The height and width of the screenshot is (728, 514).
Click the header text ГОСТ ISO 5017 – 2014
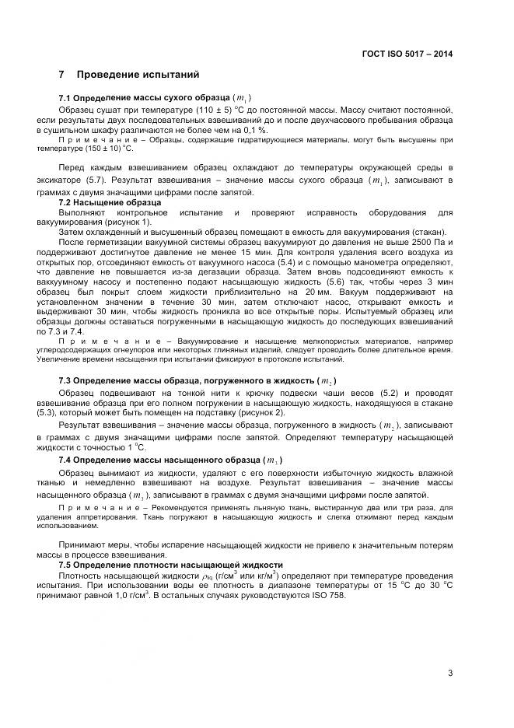(x=407, y=54)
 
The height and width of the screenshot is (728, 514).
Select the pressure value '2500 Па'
(x=425, y=242)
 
